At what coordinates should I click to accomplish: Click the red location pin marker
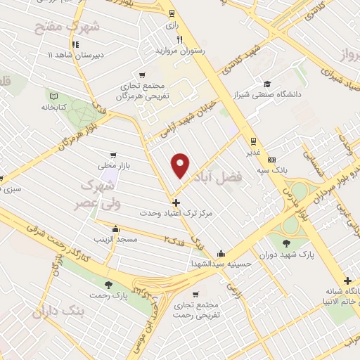181,165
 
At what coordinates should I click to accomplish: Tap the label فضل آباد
240,179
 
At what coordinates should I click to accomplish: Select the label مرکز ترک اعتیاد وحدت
175,212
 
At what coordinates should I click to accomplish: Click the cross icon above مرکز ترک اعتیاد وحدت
176,202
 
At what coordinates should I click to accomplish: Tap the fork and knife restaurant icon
179,40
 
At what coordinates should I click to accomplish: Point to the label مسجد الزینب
118,240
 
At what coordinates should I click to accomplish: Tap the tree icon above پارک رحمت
108,285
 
